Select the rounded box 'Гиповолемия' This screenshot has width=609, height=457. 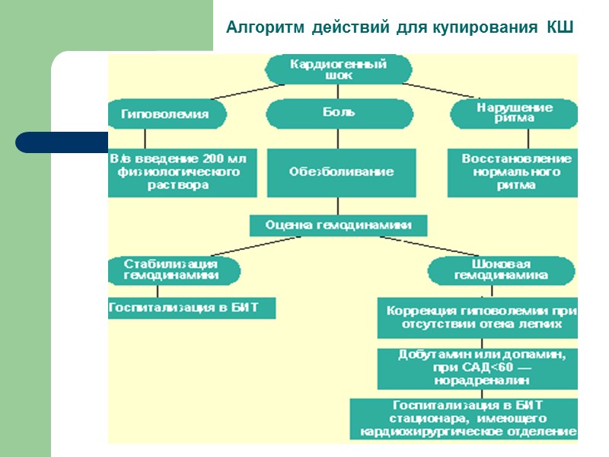(167, 114)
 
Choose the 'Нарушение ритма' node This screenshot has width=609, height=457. (515, 114)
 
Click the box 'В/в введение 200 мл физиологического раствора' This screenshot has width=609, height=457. (182, 172)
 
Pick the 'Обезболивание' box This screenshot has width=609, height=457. (341, 172)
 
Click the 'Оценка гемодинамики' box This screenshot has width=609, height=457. (339, 225)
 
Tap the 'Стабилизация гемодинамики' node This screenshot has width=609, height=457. (174, 270)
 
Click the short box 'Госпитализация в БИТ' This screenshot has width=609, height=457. (191, 308)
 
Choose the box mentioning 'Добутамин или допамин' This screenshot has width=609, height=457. (478, 369)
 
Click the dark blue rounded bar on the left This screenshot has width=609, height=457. (61, 142)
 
